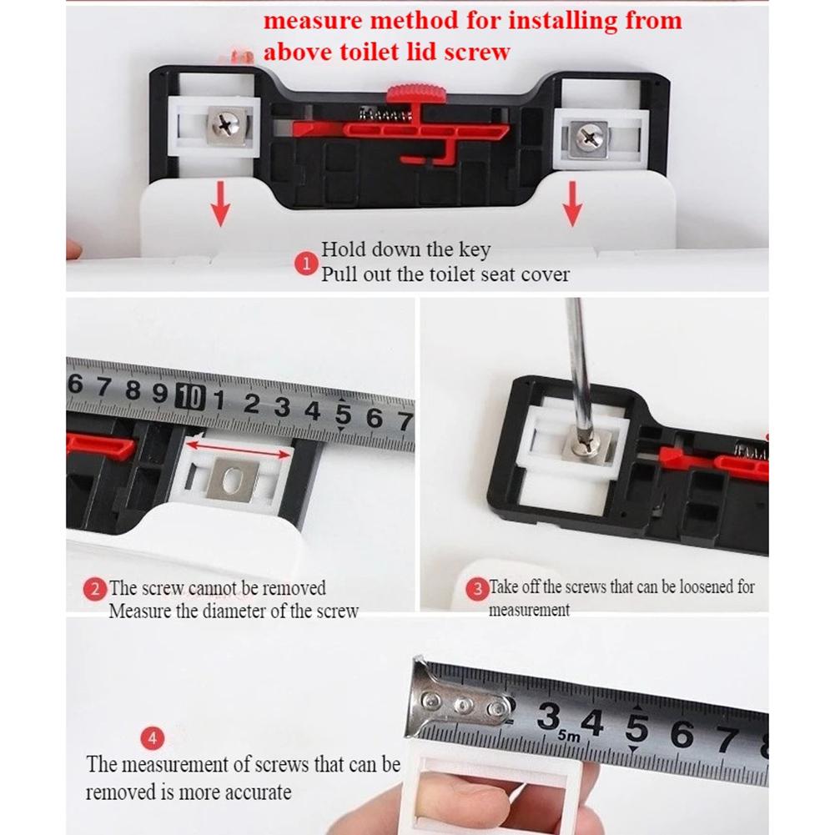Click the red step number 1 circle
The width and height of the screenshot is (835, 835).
pos(304,264)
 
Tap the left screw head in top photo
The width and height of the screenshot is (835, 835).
pos(228,126)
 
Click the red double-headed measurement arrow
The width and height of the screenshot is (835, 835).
pos(238,451)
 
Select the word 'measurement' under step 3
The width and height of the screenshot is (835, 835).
pos(529,610)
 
